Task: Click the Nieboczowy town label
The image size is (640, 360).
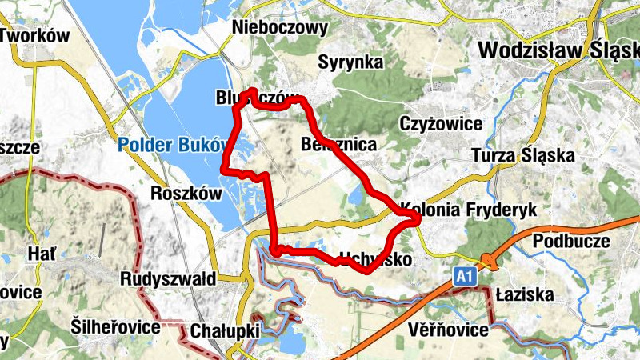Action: [x=280, y=28]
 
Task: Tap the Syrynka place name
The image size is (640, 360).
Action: [x=349, y=62]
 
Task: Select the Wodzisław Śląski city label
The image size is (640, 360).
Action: [x=558, y=50]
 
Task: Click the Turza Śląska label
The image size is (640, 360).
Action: [x=522, y=155]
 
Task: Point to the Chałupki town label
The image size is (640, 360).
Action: [x=222, y=330]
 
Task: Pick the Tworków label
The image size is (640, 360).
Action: [x=36, y=36]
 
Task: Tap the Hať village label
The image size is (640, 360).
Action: [x=42, y=254]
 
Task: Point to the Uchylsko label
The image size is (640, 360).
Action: [x=376, y=260]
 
